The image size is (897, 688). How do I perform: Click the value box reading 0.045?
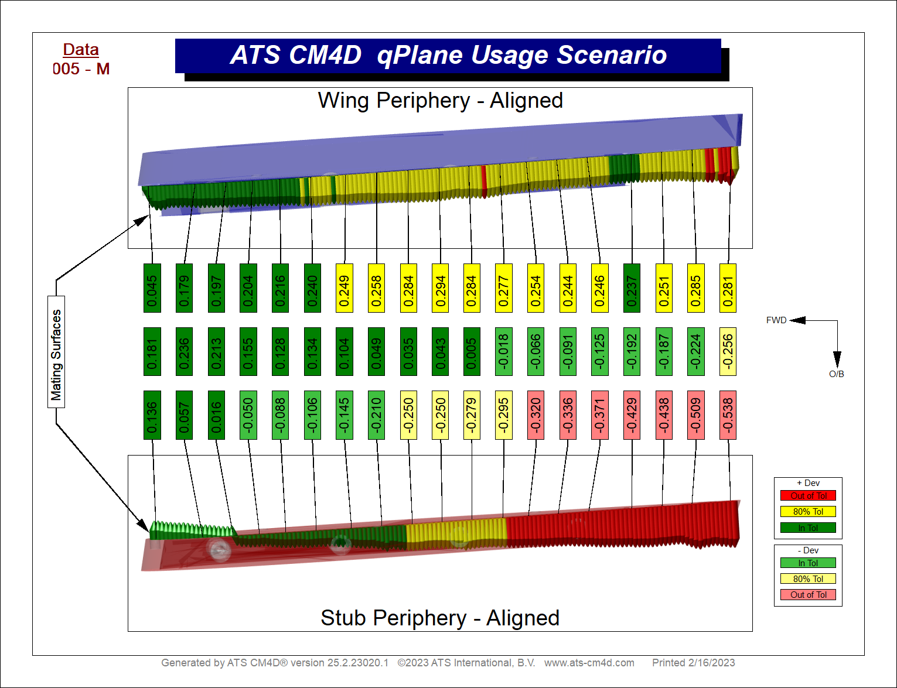click(152, 288)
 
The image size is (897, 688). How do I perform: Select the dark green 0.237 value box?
click(632, 288)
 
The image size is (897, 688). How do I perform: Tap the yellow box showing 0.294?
click(440, 288)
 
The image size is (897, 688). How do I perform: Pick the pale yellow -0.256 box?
click(728, 351)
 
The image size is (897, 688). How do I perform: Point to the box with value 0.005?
click(472, 351)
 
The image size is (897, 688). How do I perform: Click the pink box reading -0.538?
click(728, 415)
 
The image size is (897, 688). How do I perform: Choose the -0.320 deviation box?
click(536, 415)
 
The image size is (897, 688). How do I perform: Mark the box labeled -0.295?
click(504, 415)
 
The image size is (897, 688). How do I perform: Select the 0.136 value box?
click(152, 415)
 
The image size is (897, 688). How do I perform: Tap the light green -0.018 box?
click(504, 351)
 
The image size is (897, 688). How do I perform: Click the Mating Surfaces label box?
click(56, 352)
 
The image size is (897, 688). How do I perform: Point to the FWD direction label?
click(776, 320)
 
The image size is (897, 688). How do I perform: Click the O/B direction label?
click(836, 374)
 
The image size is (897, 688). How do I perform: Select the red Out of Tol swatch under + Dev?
click(808, 495)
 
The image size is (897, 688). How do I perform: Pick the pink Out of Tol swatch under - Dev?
click(808, 595)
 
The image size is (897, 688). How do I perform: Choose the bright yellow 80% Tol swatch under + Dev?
click(808, 512)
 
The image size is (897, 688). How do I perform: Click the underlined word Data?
click(81, 50)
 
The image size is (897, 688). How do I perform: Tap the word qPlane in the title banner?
click(419, 55)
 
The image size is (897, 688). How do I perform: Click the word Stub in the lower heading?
click(343, 618)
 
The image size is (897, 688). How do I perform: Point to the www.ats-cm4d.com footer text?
click(589, 663)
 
